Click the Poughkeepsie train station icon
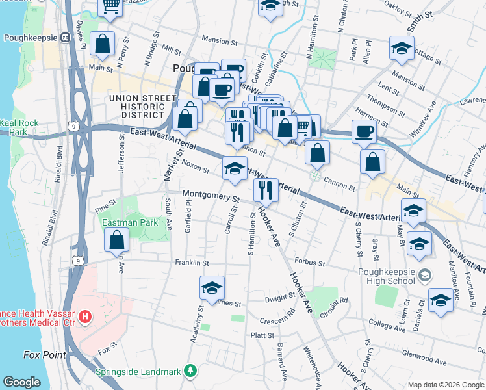pyautogui.click(x=66, y=38)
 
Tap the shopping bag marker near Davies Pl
pyautogui.click(x=103, y=45)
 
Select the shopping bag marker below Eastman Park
pyautogui.click(x=116, y=241)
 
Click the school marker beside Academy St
pyautogui.click(x=212, y=289)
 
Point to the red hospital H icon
pyautogui.click(x=84, y=318)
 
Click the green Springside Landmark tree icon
pyautogui.click(x=190, y=371)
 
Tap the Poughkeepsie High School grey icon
pyautogui.click(x=424, y=275)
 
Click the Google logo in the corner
pyautogui.click(x=21, y=382)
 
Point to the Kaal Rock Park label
pyautogui.click(x=19, y=127)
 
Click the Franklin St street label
pyautogui.click(x=191, y=263)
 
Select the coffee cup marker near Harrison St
pyautogui.click(x=364, y=133)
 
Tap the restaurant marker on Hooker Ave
pyautogui.click(x=266, y=190)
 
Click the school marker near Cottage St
pyautogui.click(x=402, y=49)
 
